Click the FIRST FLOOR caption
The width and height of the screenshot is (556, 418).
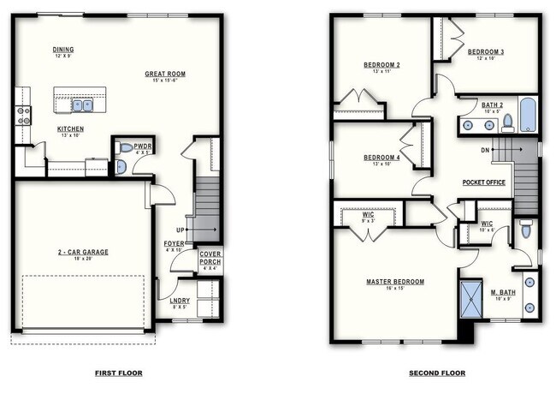pos(118,373)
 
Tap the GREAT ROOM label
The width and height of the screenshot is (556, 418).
pos(165,75)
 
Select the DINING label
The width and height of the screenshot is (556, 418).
pos(62,50)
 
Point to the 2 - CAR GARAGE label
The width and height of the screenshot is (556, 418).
pos(82,252)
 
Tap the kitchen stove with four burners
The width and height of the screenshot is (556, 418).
pos(23,115)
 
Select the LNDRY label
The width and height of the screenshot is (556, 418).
pos(180,301)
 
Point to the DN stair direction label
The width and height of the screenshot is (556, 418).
pos(485,150)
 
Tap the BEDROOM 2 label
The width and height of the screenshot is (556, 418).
pos(382,65)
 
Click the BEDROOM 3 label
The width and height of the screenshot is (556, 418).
pos(485,51)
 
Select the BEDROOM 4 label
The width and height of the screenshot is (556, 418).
pos(382,158)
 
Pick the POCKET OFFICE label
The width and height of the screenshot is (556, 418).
pos(483,182)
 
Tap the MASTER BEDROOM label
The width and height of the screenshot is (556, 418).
pos(395,282)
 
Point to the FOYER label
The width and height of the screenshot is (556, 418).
pos(174,244)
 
